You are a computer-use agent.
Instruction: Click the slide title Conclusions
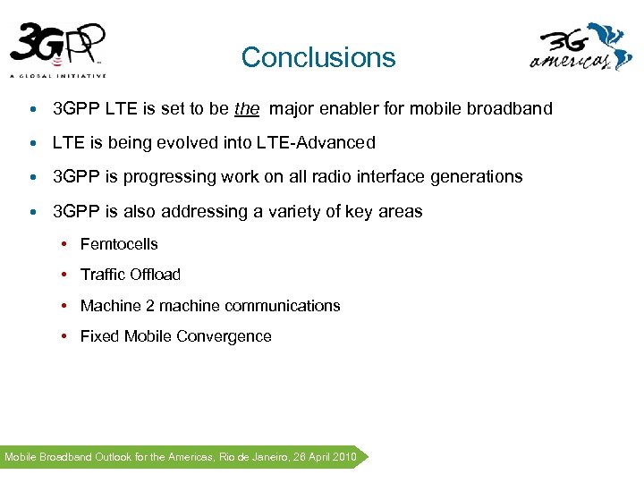(x=318, y=57)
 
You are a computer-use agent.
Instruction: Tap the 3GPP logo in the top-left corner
(x=59, y=49)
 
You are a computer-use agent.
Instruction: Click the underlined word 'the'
(x=247, y=109)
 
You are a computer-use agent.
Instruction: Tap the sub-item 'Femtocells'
(x=119, y=244)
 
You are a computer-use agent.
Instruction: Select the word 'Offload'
(x=156, y=275)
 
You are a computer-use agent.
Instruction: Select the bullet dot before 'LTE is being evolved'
(x=32, y=144)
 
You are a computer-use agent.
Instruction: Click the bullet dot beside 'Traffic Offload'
(x=66, y=275)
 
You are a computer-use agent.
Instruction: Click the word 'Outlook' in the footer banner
(x=113, y=457)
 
